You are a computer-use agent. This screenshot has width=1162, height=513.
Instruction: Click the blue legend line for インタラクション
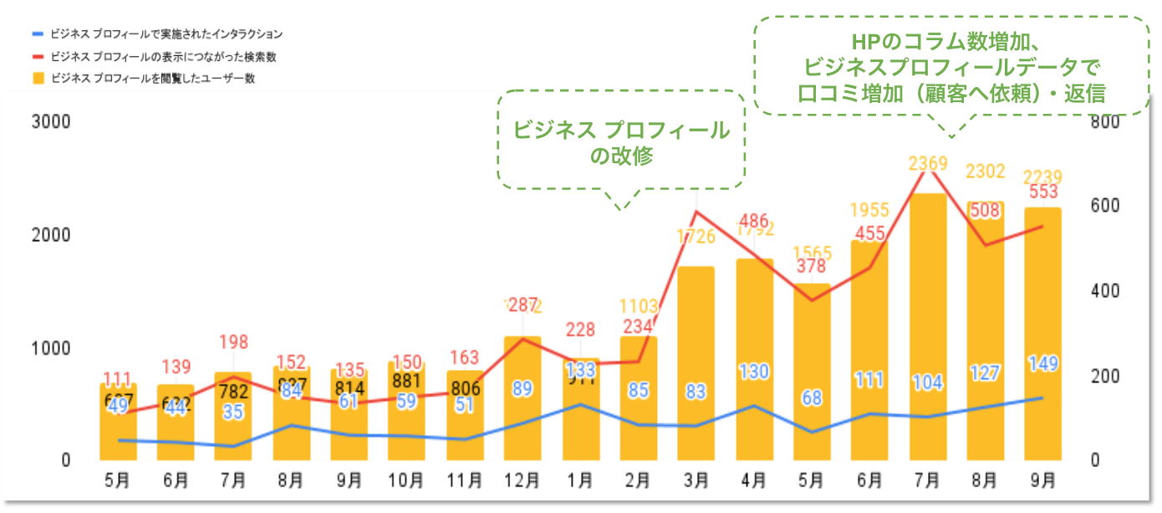(37, 34)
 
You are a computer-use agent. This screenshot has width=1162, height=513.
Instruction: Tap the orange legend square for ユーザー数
(37, 79)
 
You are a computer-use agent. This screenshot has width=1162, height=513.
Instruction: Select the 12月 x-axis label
(522, 481)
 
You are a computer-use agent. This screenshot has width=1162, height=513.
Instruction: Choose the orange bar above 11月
(464, 418)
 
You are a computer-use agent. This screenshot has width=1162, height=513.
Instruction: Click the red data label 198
(233, 341)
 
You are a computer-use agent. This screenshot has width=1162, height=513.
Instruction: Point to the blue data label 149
(1043, 364)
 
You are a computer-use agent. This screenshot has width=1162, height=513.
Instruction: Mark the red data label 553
(1043, 192)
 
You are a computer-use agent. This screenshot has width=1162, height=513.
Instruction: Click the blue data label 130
(754, 372)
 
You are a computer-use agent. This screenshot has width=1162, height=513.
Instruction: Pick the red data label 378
(812, 266)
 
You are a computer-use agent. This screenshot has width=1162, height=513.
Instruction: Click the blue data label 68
(812, 398)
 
